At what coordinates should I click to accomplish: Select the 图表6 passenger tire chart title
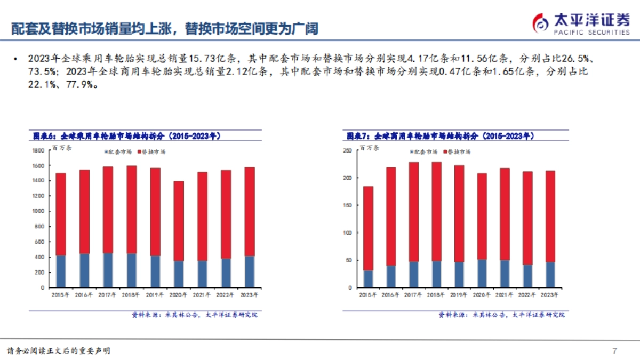[x=127, y=137]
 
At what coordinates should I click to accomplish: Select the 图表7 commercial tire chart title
[x=439, y=137]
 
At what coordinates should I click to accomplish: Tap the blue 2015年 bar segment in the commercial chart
[x=368, y=279]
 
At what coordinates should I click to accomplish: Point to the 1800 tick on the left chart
[x=38, y=151]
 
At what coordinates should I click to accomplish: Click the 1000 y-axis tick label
[x=38, y=211]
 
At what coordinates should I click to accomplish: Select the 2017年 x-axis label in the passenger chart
[x=107, y=294]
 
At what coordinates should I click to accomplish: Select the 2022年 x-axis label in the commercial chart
[x=527, y=294]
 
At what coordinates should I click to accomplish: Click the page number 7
[x=614, y=350]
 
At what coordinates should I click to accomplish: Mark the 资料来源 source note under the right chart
[x=501, y=315]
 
